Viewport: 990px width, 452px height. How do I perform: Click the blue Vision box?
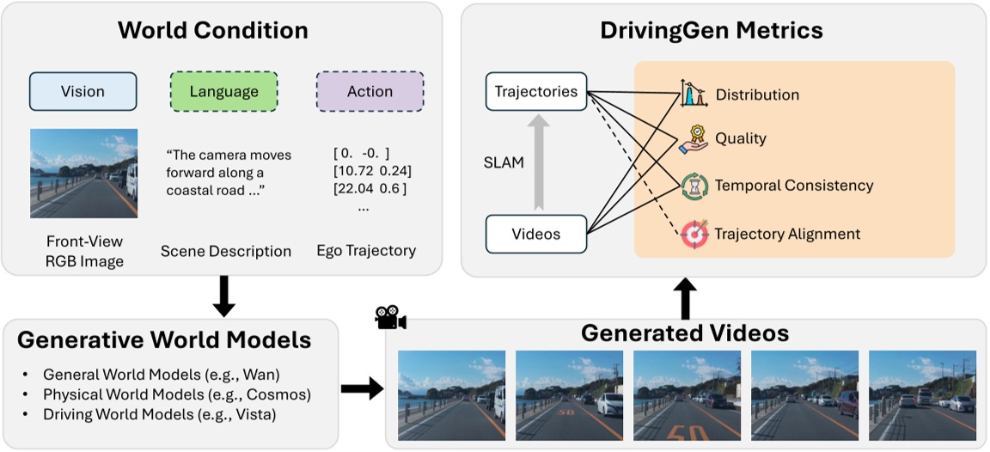[83, 92]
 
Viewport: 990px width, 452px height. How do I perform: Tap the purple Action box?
[370, 92]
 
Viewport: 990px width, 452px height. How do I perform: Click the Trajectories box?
[536, 92]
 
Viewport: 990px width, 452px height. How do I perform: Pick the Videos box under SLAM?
[536, 234]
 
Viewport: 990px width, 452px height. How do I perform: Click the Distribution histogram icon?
[694, 94]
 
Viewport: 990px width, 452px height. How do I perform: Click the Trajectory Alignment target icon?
[694, 234]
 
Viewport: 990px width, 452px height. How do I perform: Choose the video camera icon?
[390, 318]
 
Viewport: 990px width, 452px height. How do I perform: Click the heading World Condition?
[212, 31]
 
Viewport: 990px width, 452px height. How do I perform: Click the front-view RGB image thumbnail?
[83, 173]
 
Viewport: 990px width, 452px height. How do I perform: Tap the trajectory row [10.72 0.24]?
[370, 171]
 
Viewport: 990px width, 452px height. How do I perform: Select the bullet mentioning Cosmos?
[176, 394]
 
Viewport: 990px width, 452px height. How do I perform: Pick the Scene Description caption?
[226, 252]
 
